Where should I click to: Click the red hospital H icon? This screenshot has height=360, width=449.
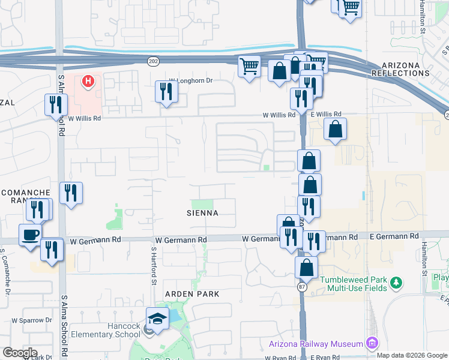pyautogui.click(x=89, y=80)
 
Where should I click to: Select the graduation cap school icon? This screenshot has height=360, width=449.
pyautogui.click(x=157, y=317)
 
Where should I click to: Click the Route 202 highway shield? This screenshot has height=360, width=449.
pyautogui.click(x=153, y=61)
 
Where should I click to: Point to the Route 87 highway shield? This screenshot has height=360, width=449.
pyautogui.click(x=300, y=287)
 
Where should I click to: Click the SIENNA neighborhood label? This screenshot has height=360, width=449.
pyautogui.click(x=202, y=213)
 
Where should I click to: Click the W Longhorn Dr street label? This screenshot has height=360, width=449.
pyautogui.click(x=191, y=80)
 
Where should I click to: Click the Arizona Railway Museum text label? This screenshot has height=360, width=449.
pyautogui.click(x=316, y=344)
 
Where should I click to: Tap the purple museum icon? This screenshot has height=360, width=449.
pyautogui.click(x=372, y=343)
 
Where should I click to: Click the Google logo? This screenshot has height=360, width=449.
pyautogui.click(x=20, y=353)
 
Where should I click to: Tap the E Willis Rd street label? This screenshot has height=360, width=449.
pyautogui.click(x=326, y=114)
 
